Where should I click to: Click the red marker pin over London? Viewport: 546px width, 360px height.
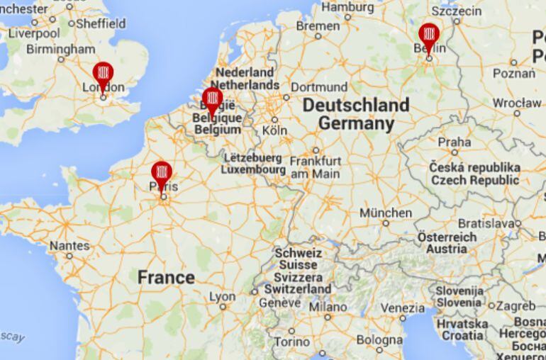[x=104, y=73]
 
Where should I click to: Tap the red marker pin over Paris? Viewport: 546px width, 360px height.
[x=162, y=172]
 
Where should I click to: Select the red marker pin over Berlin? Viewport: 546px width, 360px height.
[x=428, y=34]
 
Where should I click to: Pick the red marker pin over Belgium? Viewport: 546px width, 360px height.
[x=212, y=99]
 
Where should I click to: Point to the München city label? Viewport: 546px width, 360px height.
[x=385, y=213]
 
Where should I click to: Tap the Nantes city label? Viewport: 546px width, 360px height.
[x=69, y=246]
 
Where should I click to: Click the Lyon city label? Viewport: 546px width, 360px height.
[x=222, y=297]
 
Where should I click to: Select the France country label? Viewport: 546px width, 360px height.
[x=166, y=277]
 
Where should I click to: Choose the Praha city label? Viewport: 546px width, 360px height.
[x=454, y=142]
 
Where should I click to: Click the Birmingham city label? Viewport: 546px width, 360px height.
[x=60, y=50]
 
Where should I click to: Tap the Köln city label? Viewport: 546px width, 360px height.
[x=274, y=130]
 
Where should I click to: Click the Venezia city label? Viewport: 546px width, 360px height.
[x=402, y=308]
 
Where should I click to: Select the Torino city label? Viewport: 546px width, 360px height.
[x=291, y=342]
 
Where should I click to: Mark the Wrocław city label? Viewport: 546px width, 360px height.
[x=517, y=103]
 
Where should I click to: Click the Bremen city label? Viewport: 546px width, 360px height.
[x=318, y=26]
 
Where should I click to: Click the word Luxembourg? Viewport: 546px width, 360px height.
[x=253, y=170]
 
